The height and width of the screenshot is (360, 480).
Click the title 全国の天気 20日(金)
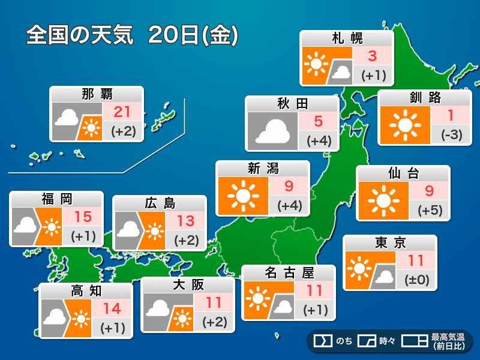pyautogui.click(x=133, y=35)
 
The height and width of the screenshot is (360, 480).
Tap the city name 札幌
pyautogui.click(x=347, y=39)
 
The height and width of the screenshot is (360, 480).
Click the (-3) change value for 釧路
pyautogui.click(x=451, y=134)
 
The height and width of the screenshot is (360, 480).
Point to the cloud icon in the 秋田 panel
pyautogui.click(x=272, y=131)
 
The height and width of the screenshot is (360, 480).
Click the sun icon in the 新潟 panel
pyautogui.click(x=242, y=196)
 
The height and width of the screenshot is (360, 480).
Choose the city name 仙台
pyautogui.click(x=403, y=174)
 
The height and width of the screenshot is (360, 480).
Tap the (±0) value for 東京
pyautogui.click(x=416, y=280)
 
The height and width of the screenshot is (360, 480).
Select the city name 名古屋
pyautogui.click(x=289, y=274)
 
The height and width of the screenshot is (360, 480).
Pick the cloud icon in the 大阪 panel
pyautogui.click(x=158, y=308)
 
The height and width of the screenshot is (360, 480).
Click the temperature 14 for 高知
pyautogui.click(x=112, y=309)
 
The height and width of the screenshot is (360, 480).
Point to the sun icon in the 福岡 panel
pyautogui.click(x=52, y=227)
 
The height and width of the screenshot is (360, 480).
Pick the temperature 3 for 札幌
pyautogui.click(x=372, y=57)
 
